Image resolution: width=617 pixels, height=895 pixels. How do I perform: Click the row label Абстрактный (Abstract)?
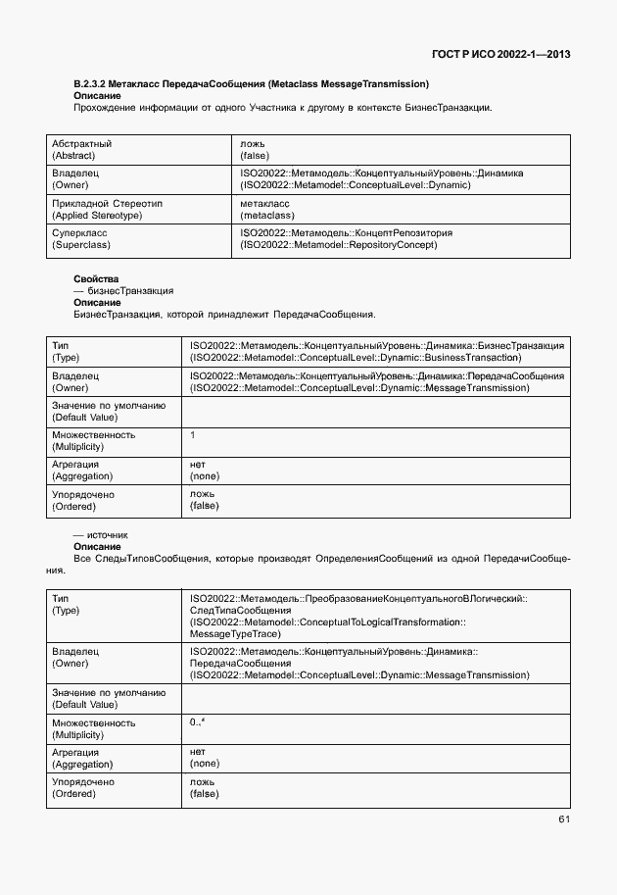pyautogui.click(x=81, y=149)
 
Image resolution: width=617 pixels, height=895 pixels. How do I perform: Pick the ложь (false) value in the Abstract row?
pyautogui.click(x=255, y=149)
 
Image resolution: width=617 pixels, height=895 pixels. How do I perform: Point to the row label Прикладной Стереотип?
pyautogui.click(x=107, y=203)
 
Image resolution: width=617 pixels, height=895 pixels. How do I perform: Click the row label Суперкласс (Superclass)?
pyautogui.click(x=81, y=238)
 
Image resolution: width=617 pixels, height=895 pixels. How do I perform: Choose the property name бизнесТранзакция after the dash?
pyautogui.click(x=130, y=291)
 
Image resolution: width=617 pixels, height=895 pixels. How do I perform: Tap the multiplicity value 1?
pyautogui.click(x=193, y=434)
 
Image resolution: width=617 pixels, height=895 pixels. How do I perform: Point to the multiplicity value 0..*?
pyautogui.click(x=197, y=722)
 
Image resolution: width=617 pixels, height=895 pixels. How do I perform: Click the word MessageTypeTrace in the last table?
pyautogui.click(x=235, y=633)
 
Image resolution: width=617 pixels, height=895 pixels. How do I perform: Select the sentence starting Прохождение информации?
pyautogui.click(x=282, y=108)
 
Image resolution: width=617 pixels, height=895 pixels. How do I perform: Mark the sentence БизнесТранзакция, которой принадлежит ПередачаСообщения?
pyautogui.click(x=223, y=315)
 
